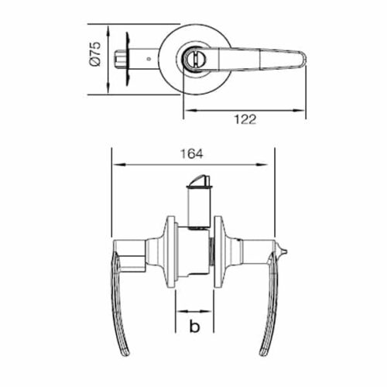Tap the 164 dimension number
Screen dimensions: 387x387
pyautogui.click(x=195, y=154)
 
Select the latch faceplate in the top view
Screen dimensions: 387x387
pyautogui.click(x=127, y=57)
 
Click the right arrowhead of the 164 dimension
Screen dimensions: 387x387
pyautogui.click(x=272, y=164)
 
